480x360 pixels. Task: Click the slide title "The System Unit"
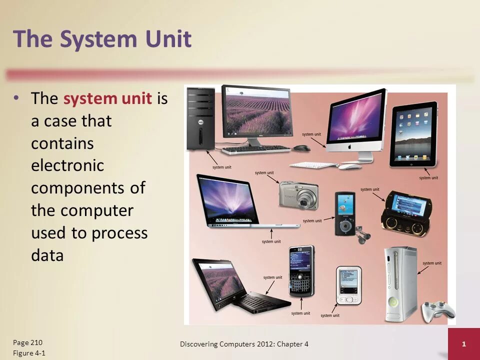tap(102, 39)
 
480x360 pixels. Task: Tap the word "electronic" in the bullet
tap(67, 165)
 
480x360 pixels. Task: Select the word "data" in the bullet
tap(47, 255)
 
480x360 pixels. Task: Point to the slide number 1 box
tap(463, 344)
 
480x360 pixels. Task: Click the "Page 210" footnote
tap(28, 342)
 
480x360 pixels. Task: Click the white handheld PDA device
tap(348, 285)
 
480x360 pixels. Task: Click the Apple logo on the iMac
tap(349, 148)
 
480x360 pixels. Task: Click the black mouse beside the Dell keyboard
tap(301, 148)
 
